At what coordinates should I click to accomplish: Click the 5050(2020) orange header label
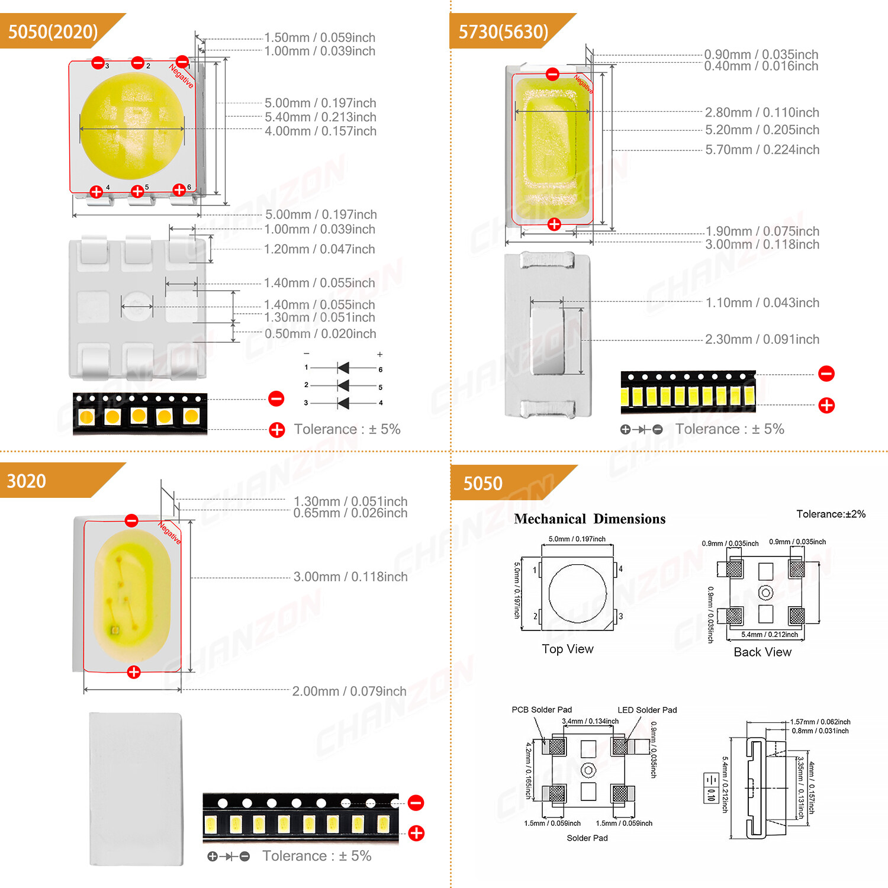53,31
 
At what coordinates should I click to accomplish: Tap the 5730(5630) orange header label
503,31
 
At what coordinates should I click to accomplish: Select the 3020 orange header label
27,481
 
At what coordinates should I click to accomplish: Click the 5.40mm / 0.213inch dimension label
320,117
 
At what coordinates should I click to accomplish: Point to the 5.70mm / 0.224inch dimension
762,150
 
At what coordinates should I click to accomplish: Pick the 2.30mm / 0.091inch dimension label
762,339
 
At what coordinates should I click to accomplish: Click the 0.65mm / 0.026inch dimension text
350,513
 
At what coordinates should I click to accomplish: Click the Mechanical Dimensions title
590,519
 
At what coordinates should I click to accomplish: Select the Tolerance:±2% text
831,514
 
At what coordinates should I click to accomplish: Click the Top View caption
567,649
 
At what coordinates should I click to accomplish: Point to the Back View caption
762,652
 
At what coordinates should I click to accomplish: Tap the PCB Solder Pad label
542,710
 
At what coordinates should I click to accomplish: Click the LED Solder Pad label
647,710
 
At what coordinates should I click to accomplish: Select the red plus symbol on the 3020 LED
134,672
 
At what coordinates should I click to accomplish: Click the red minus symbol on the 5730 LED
552,74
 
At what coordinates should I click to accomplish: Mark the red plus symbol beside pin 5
137,191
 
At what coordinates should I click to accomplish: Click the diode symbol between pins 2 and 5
343,386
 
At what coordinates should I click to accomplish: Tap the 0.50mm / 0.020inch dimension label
320,334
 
